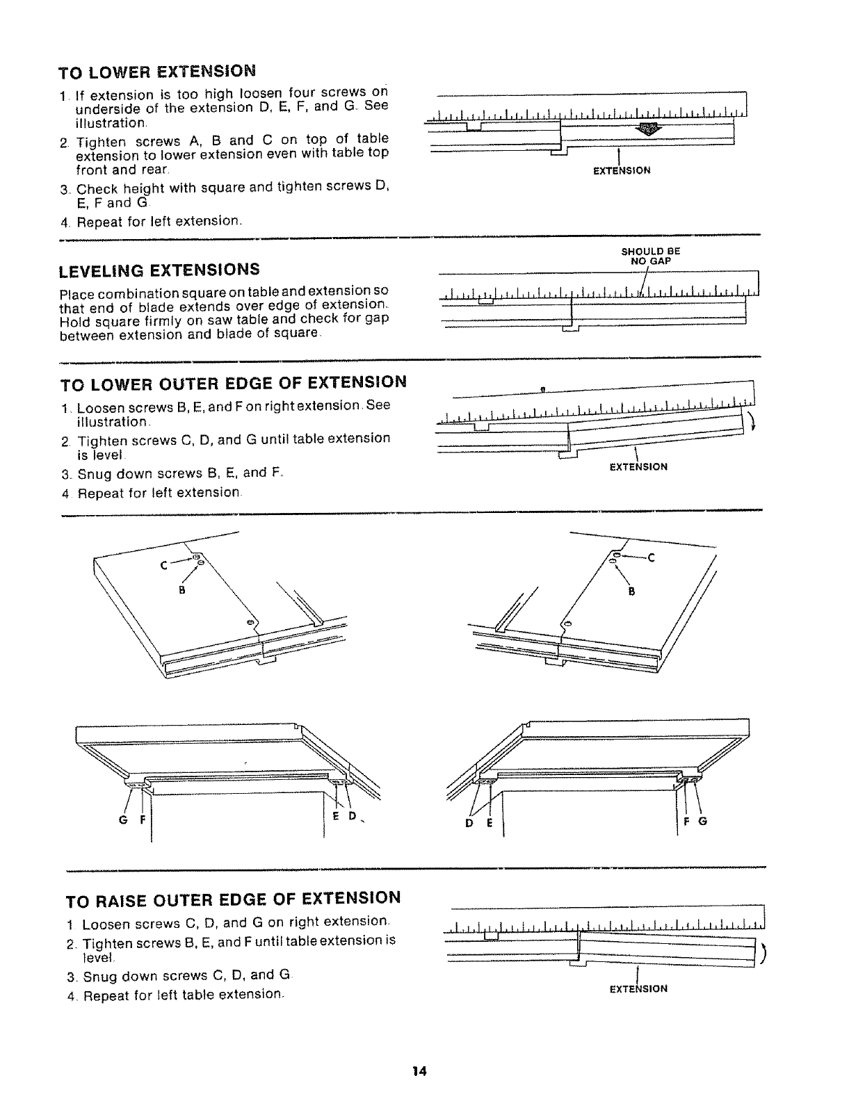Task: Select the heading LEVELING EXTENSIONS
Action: click(x=159, y=269)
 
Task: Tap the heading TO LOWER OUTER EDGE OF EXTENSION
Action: click(x=234, y=382)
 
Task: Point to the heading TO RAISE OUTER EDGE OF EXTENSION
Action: click(x=233, y=898)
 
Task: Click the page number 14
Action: click(x=418, y=1071)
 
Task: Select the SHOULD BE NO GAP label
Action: click(x=650, y=257)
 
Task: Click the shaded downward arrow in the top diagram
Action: click(x=648, y=128)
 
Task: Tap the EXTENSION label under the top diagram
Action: click(x=622, y=170)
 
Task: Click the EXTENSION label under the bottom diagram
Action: click(x=638, y=988)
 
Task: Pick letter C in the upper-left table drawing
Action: click(x=164, y=565)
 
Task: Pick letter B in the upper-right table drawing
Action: click(x=631, y=592)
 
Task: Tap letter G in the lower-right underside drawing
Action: click(x=702, y=821)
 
